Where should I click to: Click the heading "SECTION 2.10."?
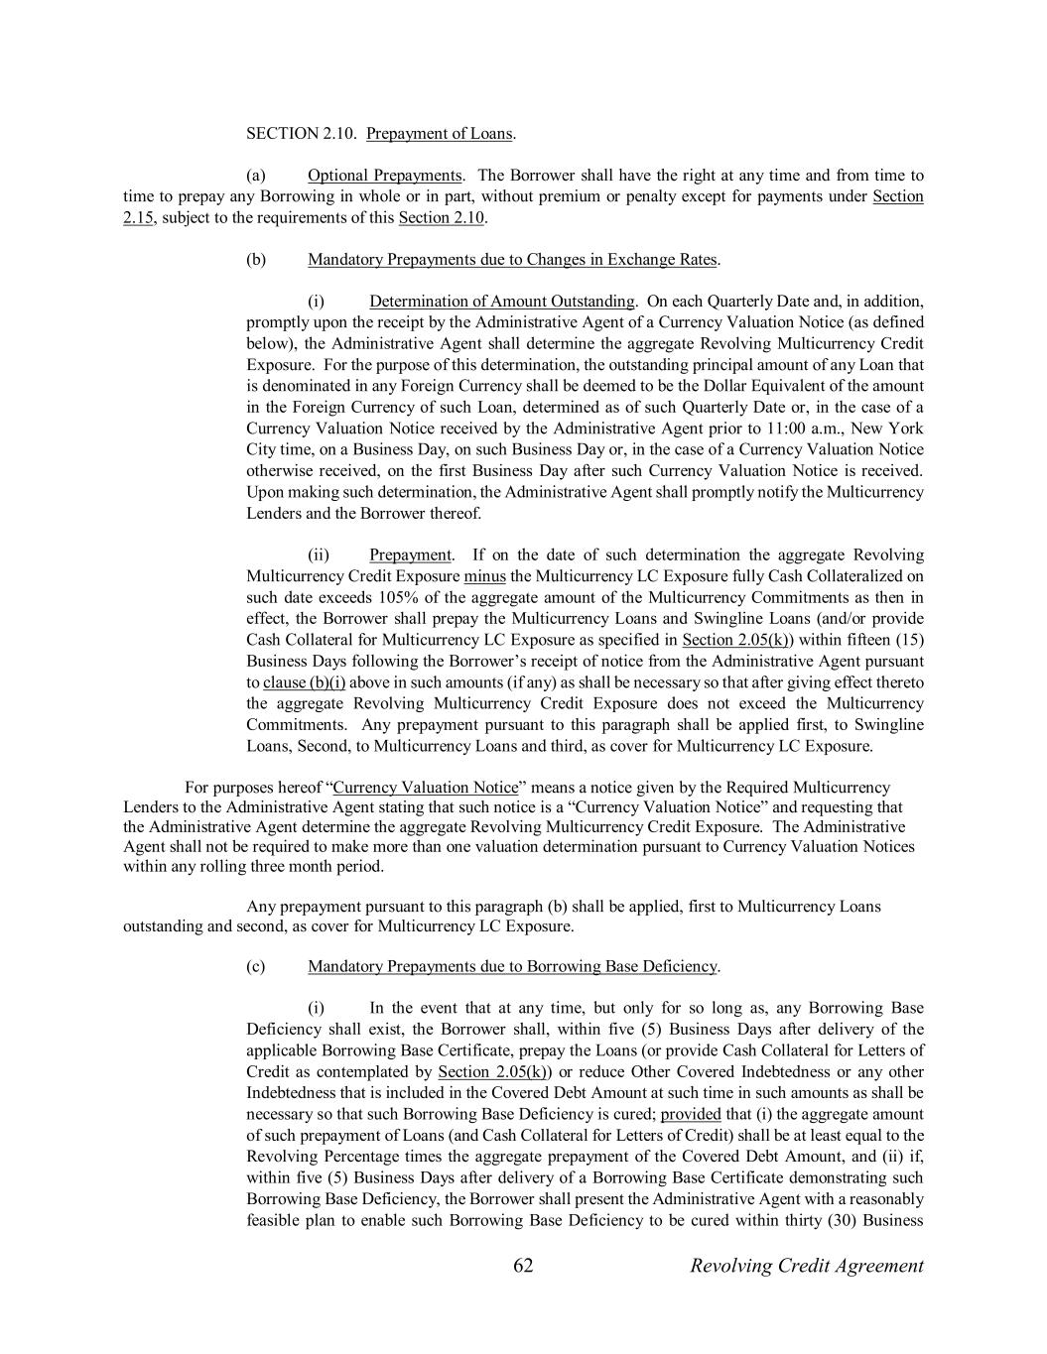click(x=301, y=133)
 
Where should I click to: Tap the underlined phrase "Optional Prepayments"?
click(x=384, y=176)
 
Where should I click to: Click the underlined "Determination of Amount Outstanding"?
click(x=501, y=302)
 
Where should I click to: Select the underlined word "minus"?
click(x=484, y=576)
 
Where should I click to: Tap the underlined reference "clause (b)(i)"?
click(x=304, y=682)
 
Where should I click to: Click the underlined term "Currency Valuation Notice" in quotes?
click(x=426, y=788)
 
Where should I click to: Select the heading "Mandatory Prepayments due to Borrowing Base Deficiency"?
click(x=512, y=966)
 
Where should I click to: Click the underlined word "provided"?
click(x=691, y=1114)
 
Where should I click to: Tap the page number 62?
click(x=524, y=1266)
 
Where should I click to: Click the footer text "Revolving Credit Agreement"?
click(x=806, y=1266)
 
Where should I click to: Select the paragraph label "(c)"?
click(x=256, y=966)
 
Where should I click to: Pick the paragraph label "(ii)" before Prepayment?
click(x=318, y=554)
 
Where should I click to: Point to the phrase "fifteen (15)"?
click(x=883, y=640)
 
